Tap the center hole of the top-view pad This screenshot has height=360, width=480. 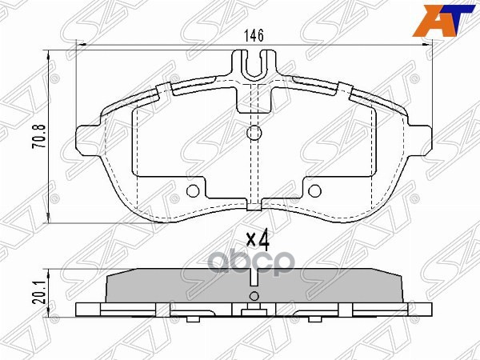254,133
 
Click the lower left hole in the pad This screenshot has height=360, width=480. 192,190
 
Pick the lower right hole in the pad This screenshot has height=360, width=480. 314,190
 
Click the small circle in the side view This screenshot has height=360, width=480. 254,297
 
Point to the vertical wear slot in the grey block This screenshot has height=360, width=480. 254,279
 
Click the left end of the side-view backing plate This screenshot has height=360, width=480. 80,310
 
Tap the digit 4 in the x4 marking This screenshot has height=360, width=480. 262,238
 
